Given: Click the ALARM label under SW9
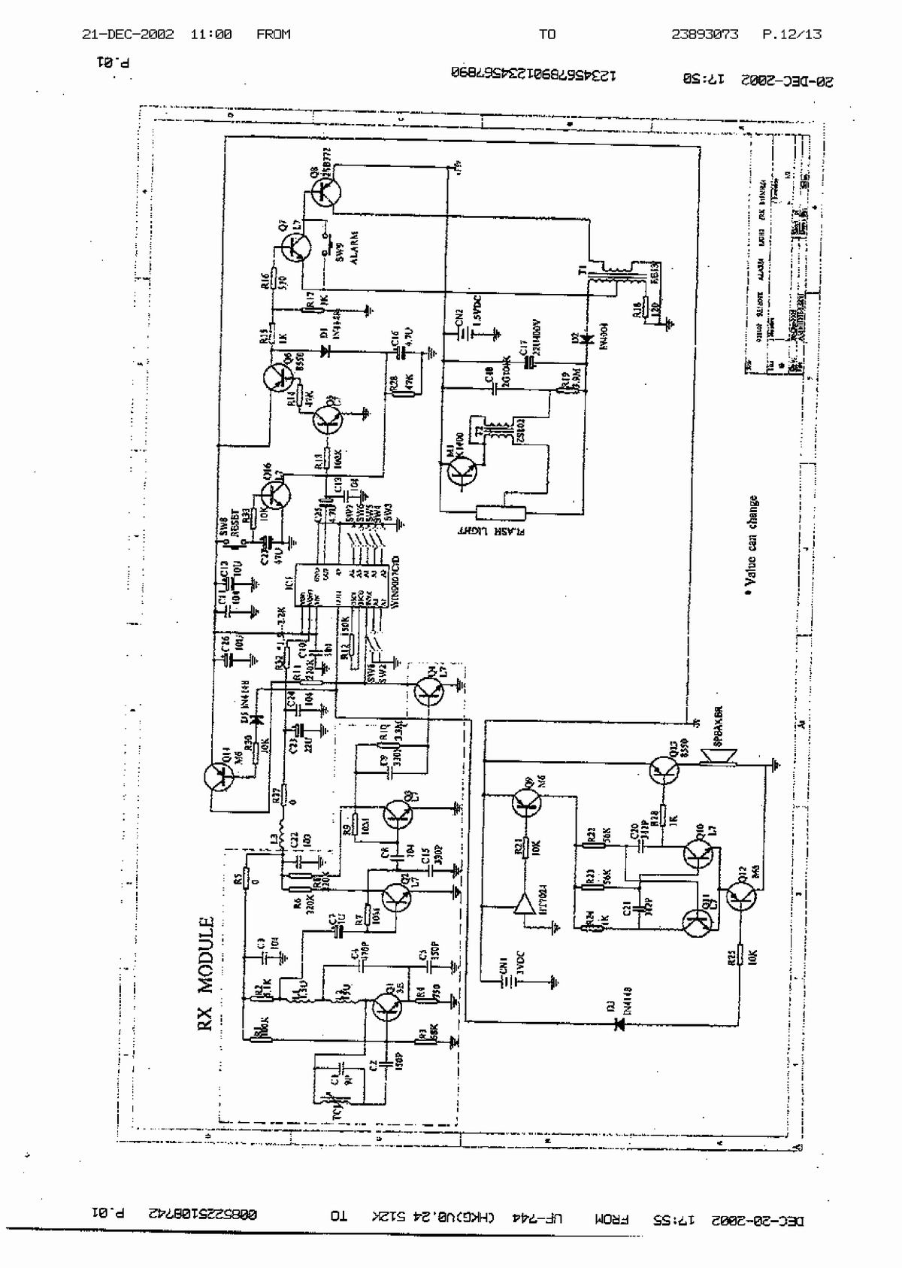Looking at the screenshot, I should [x=353, y=246].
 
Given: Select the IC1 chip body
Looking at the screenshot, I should [x=344, y=587].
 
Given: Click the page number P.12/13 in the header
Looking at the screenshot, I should [x=792, y=34].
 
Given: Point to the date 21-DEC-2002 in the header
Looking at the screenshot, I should [x=128, y=34].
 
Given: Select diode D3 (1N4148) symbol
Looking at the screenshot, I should [x=620, y=1024].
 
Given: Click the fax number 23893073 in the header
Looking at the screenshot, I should [x=704, y=34].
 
